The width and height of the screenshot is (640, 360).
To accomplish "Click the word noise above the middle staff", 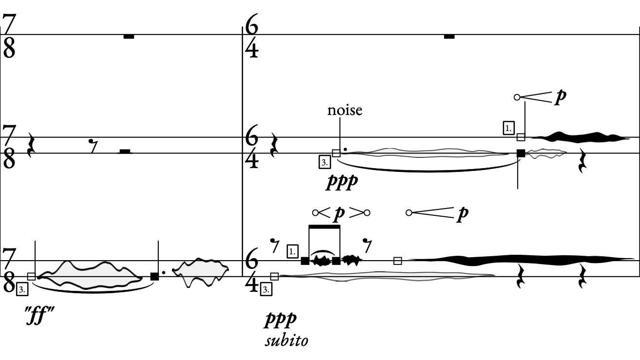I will tap(344, 110).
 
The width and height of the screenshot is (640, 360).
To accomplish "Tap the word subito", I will tap(286, 340).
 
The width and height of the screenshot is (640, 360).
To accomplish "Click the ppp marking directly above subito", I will tap(281, 320).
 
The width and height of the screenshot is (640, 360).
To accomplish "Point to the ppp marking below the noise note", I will tap(342, 182).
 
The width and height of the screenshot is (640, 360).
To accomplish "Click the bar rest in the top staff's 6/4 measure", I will tap(449, 37).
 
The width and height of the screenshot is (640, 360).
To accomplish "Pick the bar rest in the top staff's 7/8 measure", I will tap(129, 37).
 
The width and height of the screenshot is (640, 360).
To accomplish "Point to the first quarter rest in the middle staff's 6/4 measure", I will tap(274, 146).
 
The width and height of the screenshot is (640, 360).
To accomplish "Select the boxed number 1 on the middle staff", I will tap(508, 129).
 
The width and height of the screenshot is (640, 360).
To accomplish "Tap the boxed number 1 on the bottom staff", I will tap(293, 252).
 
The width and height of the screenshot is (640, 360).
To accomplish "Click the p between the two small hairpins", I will tap(339, 213).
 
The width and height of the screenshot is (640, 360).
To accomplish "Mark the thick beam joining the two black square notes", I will tap(324, 227).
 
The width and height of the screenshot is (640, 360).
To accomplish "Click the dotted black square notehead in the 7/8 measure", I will tap(154, 276).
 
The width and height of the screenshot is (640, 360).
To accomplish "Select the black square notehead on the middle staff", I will tap(521, 153).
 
